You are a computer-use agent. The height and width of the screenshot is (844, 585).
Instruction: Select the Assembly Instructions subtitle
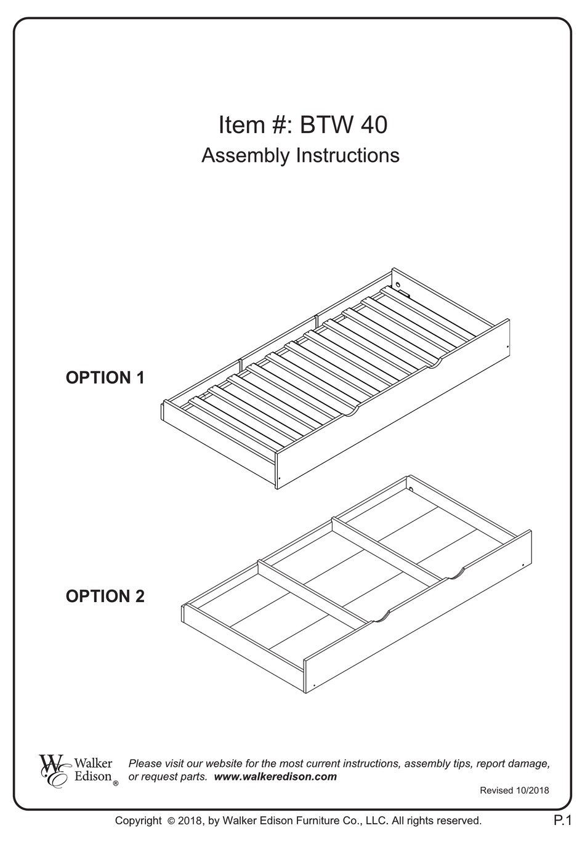(301, 155)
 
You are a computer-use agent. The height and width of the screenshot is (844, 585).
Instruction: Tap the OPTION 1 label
(105, 377)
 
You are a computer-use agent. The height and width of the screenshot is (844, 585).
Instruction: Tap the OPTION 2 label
(105, 596)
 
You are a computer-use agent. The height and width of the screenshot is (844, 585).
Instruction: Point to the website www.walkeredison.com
(275, 776)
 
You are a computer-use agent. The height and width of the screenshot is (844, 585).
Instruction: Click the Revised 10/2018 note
(514, 790)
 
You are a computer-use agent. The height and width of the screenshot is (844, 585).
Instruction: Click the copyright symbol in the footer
(171, 821)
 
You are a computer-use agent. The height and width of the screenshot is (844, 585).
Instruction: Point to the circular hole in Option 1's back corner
(398, 285)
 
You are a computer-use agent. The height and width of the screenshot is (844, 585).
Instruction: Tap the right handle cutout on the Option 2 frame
(456, 574)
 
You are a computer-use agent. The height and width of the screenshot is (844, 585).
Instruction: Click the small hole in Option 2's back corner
(411, 490)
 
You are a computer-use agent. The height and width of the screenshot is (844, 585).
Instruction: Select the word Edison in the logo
(93, 776)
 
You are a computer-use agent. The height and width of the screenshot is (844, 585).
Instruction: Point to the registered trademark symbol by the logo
(116, 784)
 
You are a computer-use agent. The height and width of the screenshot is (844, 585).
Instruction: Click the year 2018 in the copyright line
(190, 821)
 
